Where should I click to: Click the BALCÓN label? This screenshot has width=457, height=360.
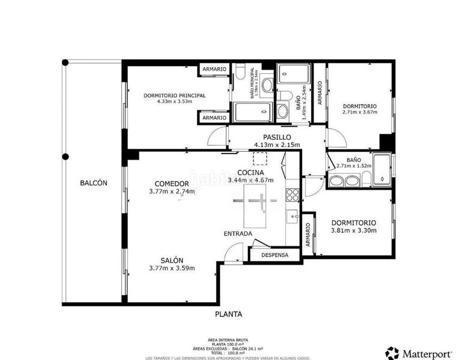[x=93, y=184]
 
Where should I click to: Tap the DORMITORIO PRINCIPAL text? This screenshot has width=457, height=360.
[x=174, y=95]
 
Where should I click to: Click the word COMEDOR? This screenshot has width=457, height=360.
[x=172, y=184]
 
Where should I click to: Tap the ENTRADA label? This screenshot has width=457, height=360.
[x=238, y=233]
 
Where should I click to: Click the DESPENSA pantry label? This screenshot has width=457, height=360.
[x=274, y=255]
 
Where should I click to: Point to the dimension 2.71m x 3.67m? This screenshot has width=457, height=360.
[x=359, y=112]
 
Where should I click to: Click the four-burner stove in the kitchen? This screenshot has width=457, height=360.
[x=292, y=194]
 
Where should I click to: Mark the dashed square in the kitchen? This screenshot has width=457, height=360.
[x=260, y=158]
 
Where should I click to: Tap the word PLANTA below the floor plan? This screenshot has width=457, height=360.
[x=228, y=314]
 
